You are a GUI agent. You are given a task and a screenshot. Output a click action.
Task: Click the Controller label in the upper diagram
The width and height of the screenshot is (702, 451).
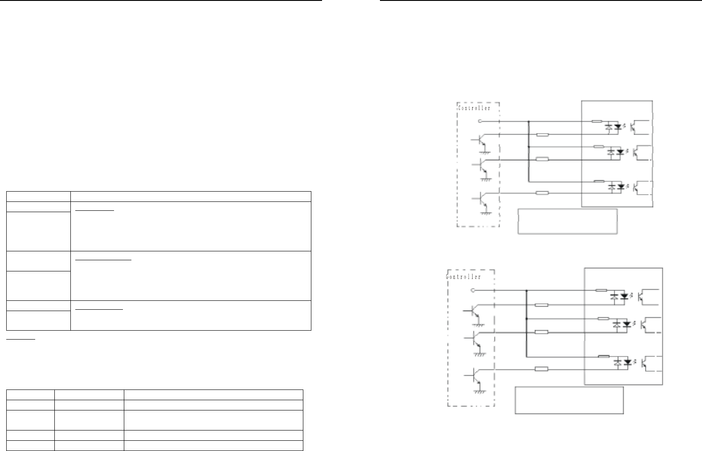click(474, 108)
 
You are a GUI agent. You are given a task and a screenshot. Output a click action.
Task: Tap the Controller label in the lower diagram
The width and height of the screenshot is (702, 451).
click(464, 277)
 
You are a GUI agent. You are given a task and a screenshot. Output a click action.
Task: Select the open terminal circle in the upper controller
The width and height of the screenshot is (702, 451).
click(479, 120)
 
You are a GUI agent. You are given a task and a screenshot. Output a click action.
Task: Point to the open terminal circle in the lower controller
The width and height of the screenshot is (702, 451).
click(473, 290)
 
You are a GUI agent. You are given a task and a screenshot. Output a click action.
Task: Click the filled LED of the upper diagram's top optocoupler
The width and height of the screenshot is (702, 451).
click(618, 127)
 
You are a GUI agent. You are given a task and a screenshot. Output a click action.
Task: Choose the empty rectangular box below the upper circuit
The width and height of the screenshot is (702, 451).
click(567, 221)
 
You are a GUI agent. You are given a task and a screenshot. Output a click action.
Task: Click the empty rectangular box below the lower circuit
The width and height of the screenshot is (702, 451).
click(569, 400)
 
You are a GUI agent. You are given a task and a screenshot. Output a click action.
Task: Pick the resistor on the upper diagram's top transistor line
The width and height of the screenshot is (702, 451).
click(542, 134)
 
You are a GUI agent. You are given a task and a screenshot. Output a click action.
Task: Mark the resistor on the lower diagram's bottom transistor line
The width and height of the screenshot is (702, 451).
click(541, 369)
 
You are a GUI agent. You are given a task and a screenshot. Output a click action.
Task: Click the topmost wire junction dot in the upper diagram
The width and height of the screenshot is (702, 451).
click(528, 121)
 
